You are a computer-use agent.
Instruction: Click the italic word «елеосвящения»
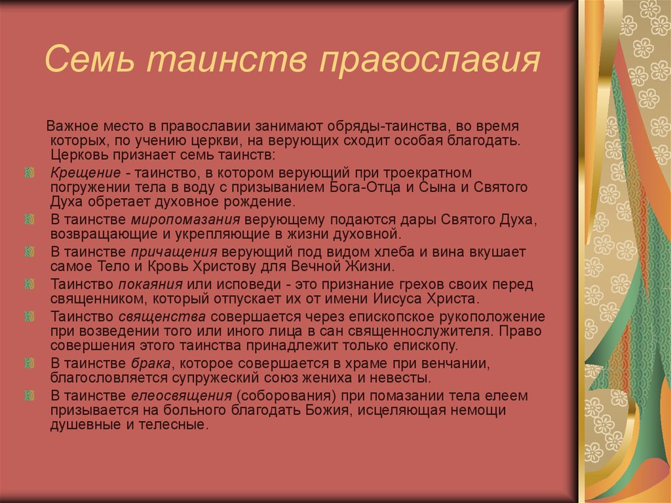coord(182,396)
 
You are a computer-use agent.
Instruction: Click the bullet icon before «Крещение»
coord(29,173)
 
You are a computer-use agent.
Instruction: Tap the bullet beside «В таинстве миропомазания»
coord(29,219)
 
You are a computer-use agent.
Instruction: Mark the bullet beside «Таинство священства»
coord(29,317)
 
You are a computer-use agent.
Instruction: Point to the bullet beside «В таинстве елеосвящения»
coord(29,396)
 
